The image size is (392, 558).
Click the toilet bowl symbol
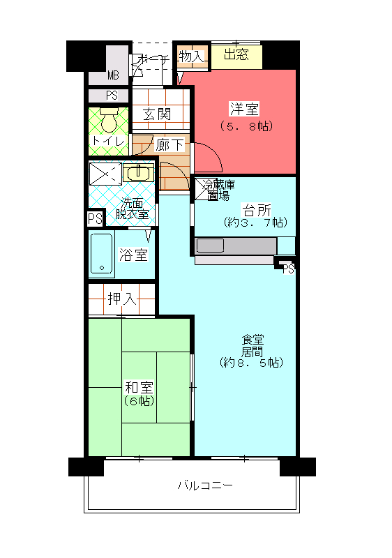point(109,120)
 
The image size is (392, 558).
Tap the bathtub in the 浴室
point(102,254)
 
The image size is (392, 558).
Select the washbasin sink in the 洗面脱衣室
point(138,173)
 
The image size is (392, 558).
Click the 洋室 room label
point(244,109)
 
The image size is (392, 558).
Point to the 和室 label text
point(139,387)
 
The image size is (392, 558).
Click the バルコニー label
point(205,485)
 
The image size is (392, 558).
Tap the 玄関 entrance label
point(157,114)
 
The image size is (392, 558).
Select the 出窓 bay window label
point(236,54)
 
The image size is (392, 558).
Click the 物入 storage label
point(192,56)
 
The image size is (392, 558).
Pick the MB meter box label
point(113,75)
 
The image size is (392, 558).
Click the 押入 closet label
point(122,299)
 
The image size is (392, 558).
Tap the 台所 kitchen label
point(256,210)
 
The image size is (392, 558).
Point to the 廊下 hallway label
point(169,144)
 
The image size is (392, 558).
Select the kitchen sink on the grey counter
point(210,246)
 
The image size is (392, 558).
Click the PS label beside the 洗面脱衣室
point(96,218)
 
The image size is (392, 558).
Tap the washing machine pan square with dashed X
point(105,174)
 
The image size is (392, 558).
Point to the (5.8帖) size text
point(246,126)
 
